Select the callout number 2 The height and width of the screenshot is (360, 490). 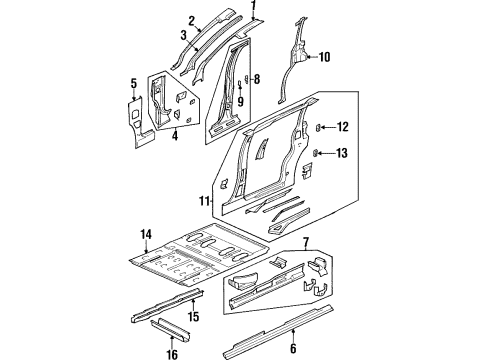click(x=191, y=19)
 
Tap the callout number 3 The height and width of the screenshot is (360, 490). click(x=183, y=36)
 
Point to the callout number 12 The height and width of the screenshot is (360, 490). click(x=342, y=127)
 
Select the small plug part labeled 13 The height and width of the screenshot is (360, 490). click(x=318, y=152)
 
